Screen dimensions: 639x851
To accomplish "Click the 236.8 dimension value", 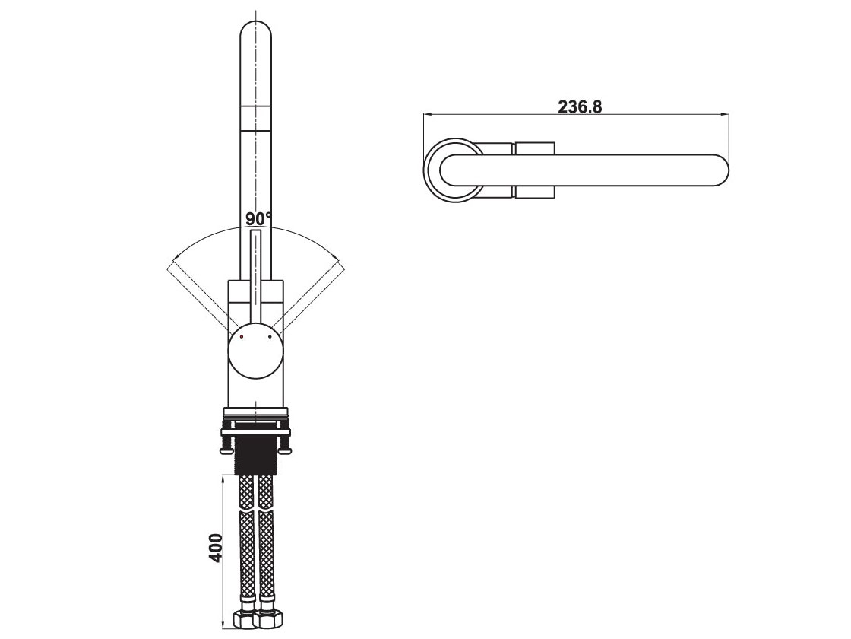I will (580, 106).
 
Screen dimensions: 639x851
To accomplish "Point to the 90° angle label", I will (258, 219).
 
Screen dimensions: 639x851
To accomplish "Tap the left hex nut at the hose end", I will (245, 619).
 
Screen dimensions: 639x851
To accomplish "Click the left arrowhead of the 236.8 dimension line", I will (428, 115).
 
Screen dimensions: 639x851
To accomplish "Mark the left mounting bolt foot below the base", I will (225, 451).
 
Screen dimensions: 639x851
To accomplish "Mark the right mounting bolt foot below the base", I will (286, 451).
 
